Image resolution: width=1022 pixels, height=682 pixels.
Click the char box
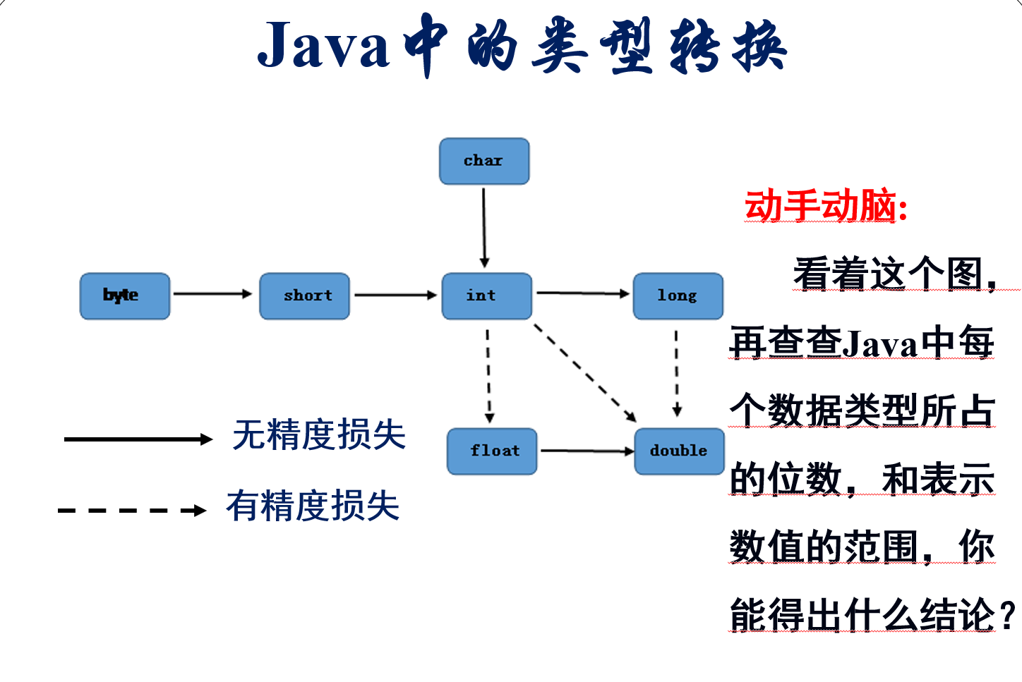point(484,162)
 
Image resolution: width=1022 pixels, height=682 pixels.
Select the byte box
point(125,296)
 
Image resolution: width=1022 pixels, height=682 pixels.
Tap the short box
point(305,296)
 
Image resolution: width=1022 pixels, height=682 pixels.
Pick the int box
point(486,296)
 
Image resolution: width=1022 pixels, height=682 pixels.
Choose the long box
point(678,296)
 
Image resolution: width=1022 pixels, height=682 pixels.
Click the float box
point(492,451)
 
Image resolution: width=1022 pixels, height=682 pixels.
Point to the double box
point(679,451)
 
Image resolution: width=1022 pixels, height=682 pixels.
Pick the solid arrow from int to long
point(582,293)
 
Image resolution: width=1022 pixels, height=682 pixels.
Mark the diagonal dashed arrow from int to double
point(585,373)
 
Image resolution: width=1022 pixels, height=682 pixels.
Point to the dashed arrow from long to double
point(677,373)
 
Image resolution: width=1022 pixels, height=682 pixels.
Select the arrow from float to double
point(587,451)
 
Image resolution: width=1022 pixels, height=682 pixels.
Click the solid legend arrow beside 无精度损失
point(138,439)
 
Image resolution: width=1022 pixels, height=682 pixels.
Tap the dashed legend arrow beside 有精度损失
point(132,511)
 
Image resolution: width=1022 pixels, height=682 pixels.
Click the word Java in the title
point(323,47)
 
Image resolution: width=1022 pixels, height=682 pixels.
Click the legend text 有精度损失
point(313,506)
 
